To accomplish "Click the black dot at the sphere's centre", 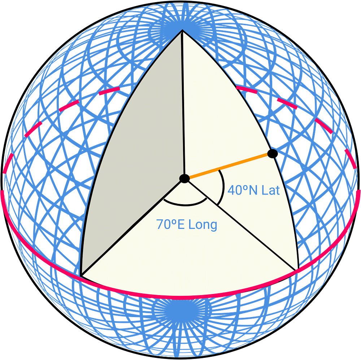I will click(184, 178).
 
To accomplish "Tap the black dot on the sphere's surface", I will click(273, 154).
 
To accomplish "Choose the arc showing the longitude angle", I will click(185, 204).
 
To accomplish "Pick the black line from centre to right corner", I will click(242, 224).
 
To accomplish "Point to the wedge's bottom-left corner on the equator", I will click(81, 275).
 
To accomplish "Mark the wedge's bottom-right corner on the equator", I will click(298, 269).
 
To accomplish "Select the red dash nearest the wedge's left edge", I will click(110, 90).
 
